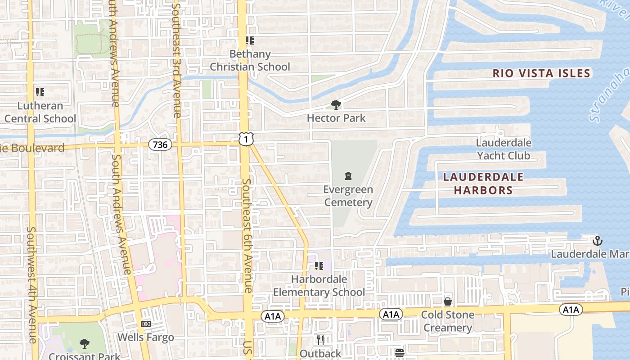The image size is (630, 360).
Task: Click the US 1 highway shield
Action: click(246, 139)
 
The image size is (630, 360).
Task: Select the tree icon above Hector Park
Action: click(336, 105)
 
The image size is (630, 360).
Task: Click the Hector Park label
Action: click(336, 118)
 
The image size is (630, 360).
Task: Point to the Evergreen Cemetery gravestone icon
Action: click(348, 176)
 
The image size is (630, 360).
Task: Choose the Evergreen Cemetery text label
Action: click(348, 196)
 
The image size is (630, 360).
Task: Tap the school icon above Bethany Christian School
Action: click(250, 41)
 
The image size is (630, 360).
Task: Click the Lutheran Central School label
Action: click(40, 112)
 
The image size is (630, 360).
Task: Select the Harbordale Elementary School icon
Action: click(319, 266)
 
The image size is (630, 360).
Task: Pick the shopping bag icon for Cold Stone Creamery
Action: click(447, 301)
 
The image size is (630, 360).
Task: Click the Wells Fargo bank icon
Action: click(145, 324)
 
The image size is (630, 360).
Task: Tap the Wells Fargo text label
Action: click(145, 337)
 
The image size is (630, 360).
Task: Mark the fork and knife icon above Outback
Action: click(320, 340)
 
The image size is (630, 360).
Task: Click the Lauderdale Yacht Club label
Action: click(504, 149)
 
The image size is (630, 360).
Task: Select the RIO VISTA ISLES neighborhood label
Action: click(541, 73)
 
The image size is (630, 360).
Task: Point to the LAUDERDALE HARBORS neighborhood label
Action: click(483, 184)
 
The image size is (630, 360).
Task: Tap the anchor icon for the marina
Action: click(597, 241)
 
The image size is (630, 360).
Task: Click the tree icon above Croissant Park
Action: click(84, 344)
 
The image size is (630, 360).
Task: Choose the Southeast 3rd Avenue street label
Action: click(176, 58)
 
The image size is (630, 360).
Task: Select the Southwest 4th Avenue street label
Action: click(31, 283)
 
